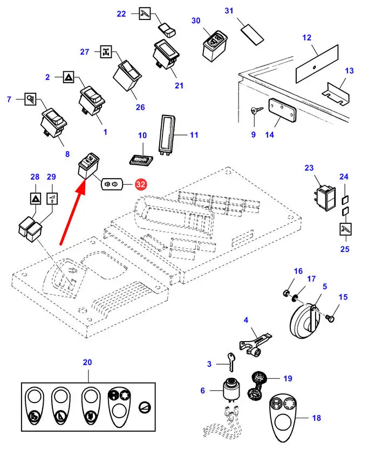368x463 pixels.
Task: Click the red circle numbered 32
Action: [141, 185]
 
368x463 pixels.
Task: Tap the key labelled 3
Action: [230, 361]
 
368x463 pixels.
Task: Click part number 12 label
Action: [307, 38]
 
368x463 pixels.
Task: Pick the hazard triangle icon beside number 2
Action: [69, 77]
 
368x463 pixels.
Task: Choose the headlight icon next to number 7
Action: [31, 99]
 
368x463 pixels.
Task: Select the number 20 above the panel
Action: [87, 362]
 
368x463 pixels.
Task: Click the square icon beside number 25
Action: [344, 229]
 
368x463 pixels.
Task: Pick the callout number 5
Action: [325, 286]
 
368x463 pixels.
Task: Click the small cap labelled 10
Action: [141, 160]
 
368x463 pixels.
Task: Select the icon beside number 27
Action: [106, 52]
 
